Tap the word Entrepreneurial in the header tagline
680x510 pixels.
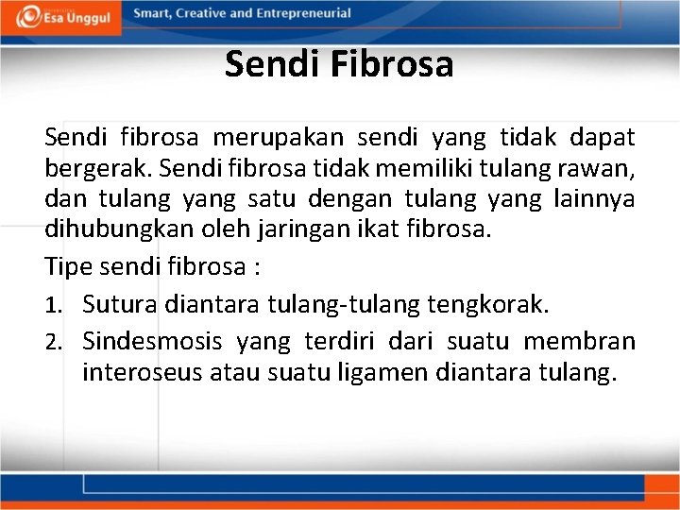303,13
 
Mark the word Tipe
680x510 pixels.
68,266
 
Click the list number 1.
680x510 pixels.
55,305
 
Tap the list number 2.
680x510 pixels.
55,341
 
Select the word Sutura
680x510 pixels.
120,304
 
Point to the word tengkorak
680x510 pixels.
489,304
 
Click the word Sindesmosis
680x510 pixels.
152,340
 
